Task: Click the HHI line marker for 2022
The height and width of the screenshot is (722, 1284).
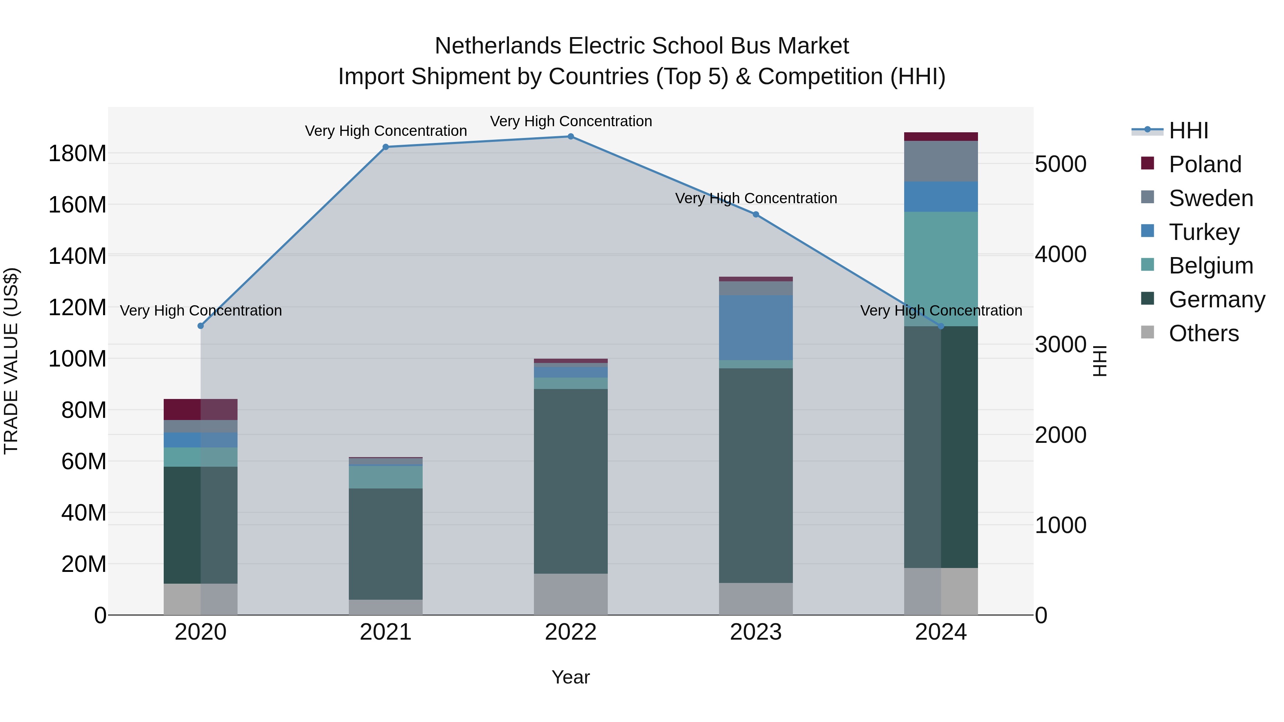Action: [x=571, y=137]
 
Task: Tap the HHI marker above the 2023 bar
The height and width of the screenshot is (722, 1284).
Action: [x=756, y=215]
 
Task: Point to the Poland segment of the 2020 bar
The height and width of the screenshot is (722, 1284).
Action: [x=200, y=410]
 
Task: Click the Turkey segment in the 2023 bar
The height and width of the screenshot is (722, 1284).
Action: [x=756, y=327]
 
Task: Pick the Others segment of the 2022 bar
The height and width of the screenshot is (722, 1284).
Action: [x=571, y=594]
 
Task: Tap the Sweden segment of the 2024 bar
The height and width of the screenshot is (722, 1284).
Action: [x=941, y=161]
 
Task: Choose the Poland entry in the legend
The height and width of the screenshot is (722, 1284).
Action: [x=1205, y=164]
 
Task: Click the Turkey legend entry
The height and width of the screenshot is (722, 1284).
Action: [x=1204, y=232]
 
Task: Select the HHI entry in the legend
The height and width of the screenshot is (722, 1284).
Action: [x=1188, y=130]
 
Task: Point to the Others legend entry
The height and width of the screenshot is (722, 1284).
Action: [x=1203, y=333]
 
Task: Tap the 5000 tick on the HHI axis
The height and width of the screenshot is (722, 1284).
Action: [x=1060, y=164]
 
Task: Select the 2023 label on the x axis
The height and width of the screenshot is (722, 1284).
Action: [x=756, y=632]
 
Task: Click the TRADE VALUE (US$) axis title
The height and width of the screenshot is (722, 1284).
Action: [x=11, y=361]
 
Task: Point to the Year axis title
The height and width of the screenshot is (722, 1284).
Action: [x=571, y=677]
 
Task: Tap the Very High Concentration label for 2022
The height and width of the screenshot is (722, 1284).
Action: [x=571, y=121]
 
